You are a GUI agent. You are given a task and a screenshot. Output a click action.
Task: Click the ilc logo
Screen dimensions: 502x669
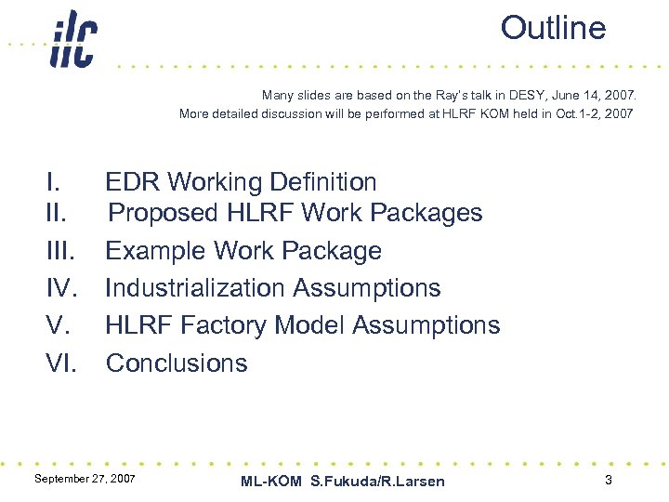(x=72, y=40)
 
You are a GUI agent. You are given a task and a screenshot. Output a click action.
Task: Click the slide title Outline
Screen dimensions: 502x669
(x=553, y=28)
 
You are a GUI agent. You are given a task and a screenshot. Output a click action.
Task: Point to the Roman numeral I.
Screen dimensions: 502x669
(x=54, y=182)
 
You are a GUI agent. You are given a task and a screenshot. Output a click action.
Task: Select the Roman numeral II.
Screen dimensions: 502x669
(x=58, y=213)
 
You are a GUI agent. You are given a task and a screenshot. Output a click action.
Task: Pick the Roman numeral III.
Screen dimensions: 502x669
(x=61, y=251)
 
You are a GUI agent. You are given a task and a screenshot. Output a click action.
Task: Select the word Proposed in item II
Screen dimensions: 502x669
(x=164, y=213)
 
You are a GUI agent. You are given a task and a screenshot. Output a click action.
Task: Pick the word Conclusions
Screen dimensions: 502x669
(x=177, y=363)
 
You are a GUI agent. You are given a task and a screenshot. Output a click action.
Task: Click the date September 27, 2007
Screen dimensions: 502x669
(x=85, y=478)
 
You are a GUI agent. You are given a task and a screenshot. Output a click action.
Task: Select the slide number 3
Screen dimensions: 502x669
(x=608, y=480)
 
